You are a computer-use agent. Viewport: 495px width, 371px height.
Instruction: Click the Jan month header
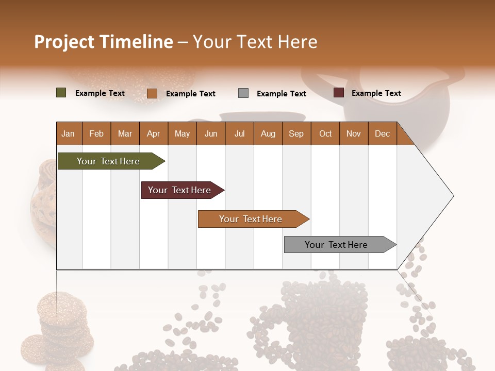69,134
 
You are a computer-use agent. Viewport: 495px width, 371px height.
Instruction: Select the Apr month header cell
154,134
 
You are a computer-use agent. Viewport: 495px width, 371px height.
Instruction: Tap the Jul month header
239,134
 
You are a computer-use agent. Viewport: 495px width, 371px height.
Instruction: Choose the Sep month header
296,134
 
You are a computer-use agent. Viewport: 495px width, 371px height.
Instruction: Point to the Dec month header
382,134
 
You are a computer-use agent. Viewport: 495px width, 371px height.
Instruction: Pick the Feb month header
96,134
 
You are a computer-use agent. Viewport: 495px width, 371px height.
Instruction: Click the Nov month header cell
354,134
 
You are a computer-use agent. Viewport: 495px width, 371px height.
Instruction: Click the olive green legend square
61,93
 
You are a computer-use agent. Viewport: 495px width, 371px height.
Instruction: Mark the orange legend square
152,93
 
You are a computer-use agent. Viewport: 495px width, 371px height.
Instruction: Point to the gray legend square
243,93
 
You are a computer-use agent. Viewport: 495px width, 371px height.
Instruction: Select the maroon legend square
339,93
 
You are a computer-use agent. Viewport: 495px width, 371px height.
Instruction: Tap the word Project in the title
64,42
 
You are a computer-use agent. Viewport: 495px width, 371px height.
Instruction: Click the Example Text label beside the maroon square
376,93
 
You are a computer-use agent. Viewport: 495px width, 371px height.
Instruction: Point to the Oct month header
325,134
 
